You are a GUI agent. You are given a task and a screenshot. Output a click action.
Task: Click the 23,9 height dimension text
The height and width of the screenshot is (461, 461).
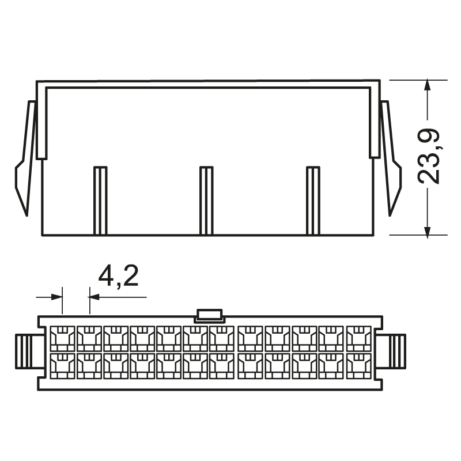[429, 156]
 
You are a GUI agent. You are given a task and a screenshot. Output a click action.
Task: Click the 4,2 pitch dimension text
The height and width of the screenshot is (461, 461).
[118, 277]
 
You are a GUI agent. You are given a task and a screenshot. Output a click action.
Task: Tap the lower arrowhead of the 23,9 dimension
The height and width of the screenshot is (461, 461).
[427, 230]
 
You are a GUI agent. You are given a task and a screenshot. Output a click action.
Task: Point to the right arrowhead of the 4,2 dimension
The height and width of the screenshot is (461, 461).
[94, 297]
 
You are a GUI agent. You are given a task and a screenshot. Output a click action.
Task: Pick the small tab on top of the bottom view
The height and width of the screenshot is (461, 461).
[209, 315]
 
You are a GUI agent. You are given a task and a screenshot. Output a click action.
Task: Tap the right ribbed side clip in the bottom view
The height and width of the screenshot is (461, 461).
[392, 351]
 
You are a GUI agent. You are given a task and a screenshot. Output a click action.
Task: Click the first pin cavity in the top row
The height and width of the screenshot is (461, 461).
[62, 338]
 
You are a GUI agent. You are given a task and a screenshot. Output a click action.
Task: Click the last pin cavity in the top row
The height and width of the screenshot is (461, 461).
[359, 338]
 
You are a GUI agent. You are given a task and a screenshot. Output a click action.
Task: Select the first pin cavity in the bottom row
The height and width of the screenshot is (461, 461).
[62, 365]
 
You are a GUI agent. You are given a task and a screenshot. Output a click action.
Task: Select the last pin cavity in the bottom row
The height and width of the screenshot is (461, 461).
[359, 365]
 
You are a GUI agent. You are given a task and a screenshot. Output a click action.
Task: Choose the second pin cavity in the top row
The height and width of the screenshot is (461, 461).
[89, 338]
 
